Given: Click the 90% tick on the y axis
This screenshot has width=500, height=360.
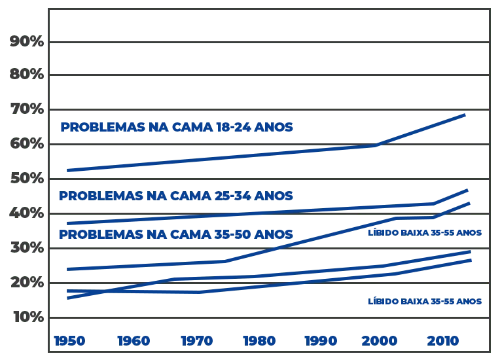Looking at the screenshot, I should point(26,42).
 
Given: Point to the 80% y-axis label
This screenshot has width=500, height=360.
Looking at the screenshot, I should point(26,75).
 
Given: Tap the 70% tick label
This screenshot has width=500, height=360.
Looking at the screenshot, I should point(26,109).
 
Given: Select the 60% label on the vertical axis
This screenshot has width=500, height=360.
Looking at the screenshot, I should point(26,143).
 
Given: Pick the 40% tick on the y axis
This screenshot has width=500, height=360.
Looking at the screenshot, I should point(26,213).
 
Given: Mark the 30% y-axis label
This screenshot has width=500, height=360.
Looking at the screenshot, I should point(26,248).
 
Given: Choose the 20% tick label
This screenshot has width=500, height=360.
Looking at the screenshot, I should point(26,282).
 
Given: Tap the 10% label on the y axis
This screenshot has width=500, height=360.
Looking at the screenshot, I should point(26,317).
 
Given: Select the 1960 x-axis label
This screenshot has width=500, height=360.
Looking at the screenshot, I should point(134,340).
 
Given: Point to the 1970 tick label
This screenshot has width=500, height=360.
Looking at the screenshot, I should point(196,340).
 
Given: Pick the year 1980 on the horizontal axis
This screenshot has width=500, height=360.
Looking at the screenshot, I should point(259,340).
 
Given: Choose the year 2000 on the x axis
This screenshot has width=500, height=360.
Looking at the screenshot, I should point(380,340).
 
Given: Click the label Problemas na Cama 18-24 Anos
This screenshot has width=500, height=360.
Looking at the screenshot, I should point(175,128).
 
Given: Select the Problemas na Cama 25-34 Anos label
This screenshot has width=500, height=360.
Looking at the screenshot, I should point(175,196).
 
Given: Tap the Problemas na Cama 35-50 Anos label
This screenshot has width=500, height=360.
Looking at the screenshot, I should point(175,234).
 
